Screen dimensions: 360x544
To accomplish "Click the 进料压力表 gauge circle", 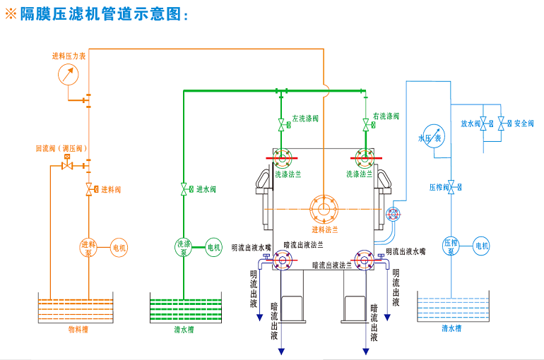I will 68,73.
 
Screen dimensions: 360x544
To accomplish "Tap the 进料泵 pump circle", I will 89,247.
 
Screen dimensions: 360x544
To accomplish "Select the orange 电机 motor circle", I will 119,247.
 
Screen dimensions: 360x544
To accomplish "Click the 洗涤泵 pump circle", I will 183,247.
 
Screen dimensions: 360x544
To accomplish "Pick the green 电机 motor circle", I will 213,247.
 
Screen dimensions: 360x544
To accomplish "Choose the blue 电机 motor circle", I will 481,246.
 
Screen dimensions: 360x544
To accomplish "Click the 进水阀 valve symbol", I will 184,189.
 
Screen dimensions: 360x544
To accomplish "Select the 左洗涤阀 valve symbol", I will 282,126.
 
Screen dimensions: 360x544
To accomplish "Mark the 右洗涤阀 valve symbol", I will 365,126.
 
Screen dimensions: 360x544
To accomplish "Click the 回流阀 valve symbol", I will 68,166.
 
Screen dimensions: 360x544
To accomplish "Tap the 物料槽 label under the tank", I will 78,329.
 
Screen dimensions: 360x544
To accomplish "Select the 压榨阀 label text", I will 439,188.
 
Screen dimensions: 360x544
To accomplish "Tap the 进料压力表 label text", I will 69,56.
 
